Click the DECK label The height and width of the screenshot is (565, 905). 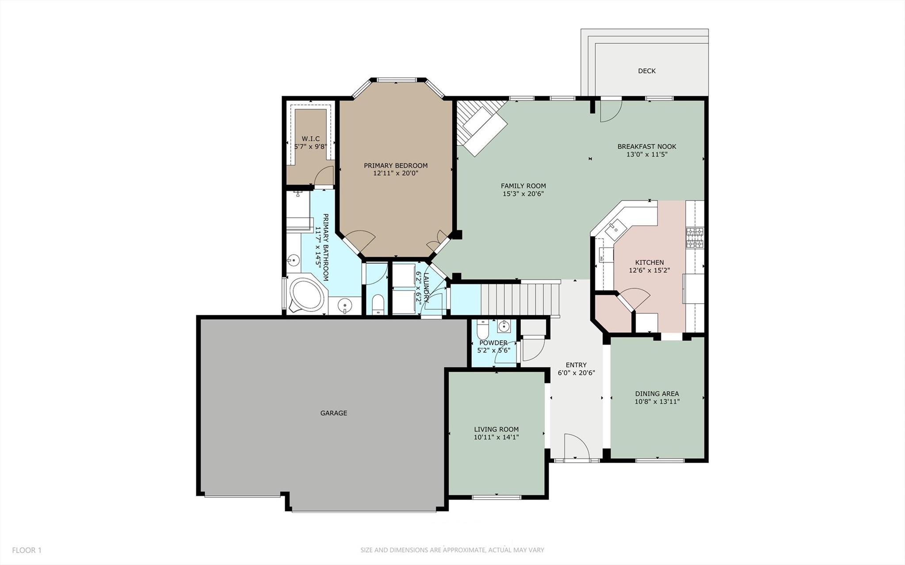pos(646,71)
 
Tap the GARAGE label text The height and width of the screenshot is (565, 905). pos(333,413)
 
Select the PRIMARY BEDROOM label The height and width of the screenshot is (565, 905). pos(395,165)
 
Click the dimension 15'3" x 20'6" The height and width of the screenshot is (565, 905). pos(523,194)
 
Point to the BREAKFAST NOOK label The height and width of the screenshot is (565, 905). pos(646,146)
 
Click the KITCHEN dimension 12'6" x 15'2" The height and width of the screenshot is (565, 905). pos(649,270)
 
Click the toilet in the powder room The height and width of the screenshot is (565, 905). pos(482,330)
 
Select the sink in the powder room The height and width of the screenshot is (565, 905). pos(504,327)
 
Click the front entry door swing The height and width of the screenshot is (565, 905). pos(576,447)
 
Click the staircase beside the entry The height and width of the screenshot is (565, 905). pos(520,299)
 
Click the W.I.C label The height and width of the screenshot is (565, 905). pos(310,139)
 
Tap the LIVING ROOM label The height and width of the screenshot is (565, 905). pos(496,429)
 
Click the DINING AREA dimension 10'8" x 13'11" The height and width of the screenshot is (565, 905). pos(657,401)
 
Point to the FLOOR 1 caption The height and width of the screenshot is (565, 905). pos(27,550)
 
